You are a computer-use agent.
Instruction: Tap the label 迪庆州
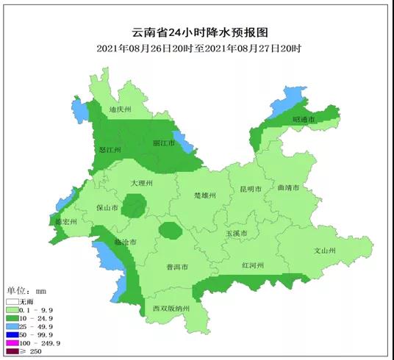pyautogui.click(x=119, y=109)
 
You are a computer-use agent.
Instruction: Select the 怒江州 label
pyautogui.click(x=110, y=150)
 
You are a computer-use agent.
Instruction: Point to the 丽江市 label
pyautogui.click(x=163, y=143)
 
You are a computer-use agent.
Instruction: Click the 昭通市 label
pyautogui.click(x=303, y=119)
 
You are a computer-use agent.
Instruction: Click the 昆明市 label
pyautogui.click(x=251, y=189)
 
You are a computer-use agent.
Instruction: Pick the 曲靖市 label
pyautogui.click(x=288, y=188)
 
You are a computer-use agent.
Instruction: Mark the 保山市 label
pyautogui.click(x=107, y=208)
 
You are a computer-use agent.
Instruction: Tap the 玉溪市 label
pyautogui.click(x=237, y=234)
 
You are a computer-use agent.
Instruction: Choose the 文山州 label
pyautogui.click(x=324, y=251)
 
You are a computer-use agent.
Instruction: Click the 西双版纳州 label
pyautogui.click(x=171, y=308)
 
